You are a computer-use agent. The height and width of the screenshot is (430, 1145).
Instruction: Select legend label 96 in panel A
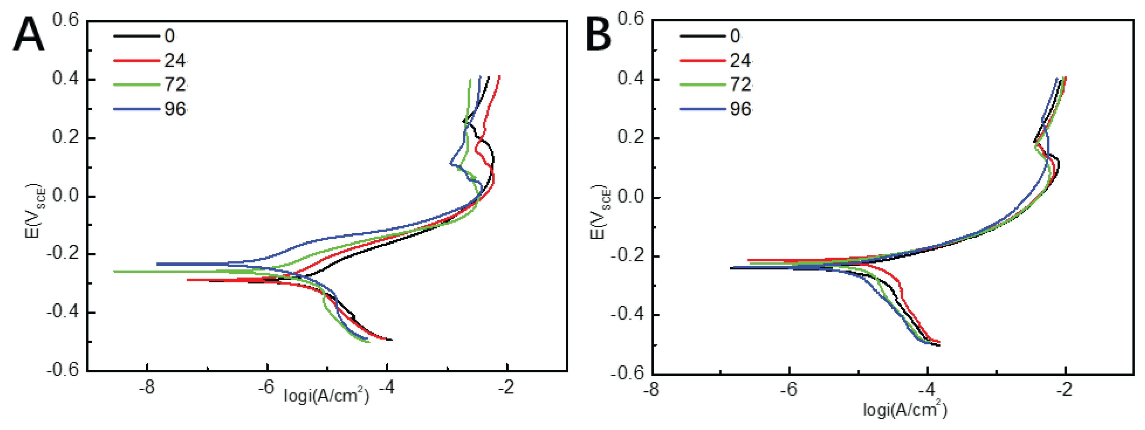pos(175,109)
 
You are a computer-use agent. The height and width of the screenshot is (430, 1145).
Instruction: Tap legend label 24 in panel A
pos(175,60)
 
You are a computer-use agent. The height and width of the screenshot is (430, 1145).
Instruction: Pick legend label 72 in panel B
pos(740,84)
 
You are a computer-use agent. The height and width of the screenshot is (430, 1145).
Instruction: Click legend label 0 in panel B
pos(735,36)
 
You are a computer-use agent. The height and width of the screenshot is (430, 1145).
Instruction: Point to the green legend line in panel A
pos(136,84)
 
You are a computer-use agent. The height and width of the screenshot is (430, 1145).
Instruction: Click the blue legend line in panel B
pos(702,109)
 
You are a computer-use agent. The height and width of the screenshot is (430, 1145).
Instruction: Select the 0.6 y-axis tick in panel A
pos(65,20)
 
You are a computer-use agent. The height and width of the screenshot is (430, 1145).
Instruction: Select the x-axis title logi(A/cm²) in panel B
pos(905,410)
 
